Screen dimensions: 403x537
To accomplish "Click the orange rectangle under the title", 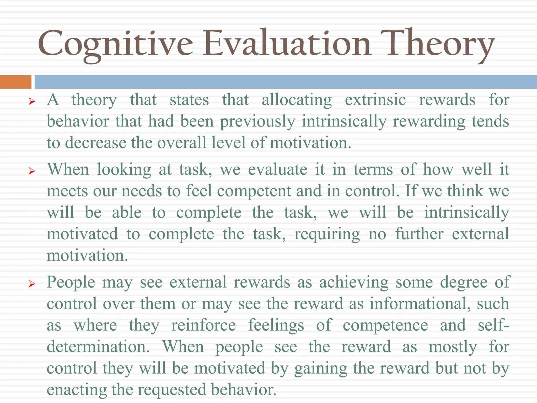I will [x=15, y=82].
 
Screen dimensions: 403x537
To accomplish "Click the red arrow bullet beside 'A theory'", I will [x=32, y=101].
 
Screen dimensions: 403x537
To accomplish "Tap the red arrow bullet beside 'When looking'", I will [x=32, y=171].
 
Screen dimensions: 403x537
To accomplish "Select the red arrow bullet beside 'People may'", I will [x=32, y=284].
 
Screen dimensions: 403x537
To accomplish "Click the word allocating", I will [x=297, y=100].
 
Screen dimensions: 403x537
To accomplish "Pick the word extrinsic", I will [x=375, y=100].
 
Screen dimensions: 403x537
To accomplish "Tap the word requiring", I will [x=327, y=234].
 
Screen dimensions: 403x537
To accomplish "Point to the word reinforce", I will [x=203, y=325].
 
